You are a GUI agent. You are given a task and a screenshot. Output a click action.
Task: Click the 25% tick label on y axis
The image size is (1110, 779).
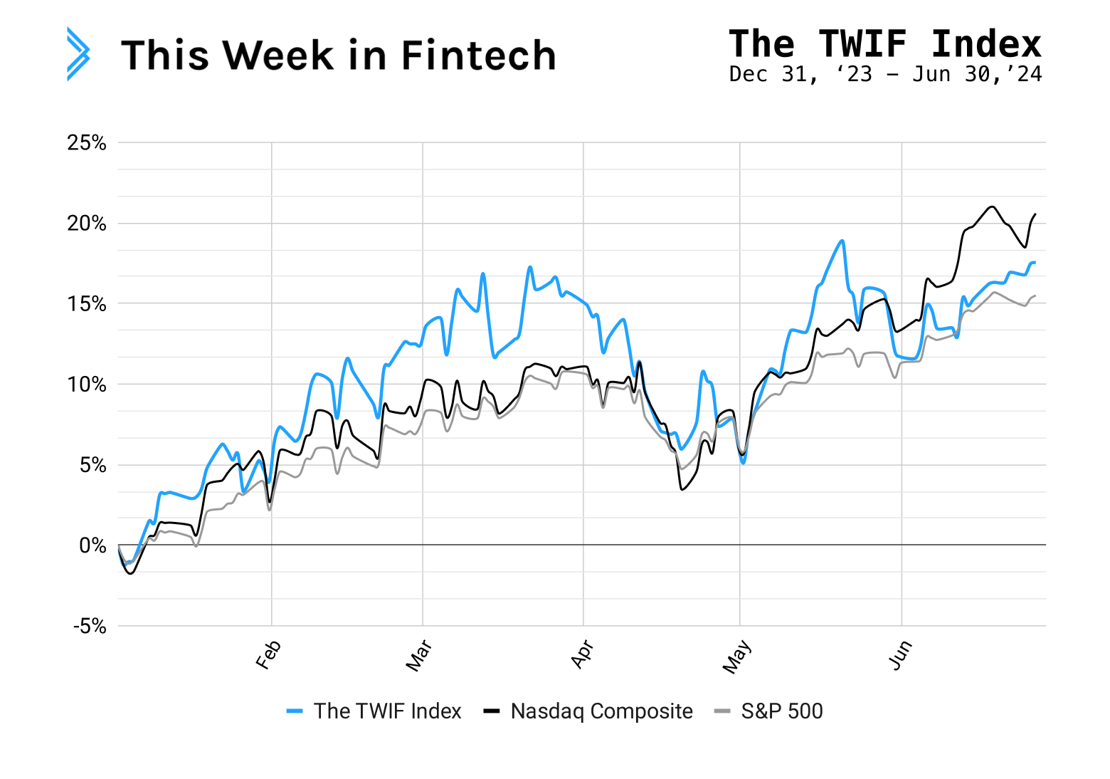(87, 143)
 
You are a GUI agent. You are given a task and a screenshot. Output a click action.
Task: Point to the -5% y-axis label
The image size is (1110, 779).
(89, 627)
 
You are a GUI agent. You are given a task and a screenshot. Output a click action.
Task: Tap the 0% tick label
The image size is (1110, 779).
(92, 545)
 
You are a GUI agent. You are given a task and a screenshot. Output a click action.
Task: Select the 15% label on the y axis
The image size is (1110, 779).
(87, 304)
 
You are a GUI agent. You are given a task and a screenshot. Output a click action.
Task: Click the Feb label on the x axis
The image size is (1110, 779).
(269, 655)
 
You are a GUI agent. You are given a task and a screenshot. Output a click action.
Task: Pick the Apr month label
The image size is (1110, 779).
(582, 654)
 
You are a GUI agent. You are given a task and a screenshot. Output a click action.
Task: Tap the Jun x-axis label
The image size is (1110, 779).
(900, 655)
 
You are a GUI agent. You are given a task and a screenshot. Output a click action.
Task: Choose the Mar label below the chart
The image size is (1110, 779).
(419, 656)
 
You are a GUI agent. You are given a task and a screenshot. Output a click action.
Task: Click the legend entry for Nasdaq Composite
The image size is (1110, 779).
(601, 711)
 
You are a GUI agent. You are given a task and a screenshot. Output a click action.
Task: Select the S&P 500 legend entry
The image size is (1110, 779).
(781, 711)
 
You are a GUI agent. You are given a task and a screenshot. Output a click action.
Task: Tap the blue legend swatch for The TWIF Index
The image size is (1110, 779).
(295, 711)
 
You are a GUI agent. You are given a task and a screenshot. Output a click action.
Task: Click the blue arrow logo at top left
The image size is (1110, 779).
(78, 54)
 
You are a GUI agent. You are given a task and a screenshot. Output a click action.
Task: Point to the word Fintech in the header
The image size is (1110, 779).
(478, 56)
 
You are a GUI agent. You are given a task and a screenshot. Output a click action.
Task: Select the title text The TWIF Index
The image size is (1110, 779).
(884, 43)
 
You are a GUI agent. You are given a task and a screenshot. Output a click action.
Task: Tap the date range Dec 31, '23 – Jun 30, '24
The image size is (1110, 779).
(884, 74)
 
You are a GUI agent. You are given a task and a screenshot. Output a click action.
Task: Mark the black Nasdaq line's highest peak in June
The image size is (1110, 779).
(992, 206)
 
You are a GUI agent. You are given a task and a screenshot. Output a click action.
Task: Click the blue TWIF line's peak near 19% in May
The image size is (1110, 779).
(842, 241)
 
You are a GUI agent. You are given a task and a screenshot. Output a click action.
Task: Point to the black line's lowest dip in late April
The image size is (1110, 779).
(682, 489)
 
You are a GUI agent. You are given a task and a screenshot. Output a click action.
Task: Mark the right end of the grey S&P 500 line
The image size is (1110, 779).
(1035, 296)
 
